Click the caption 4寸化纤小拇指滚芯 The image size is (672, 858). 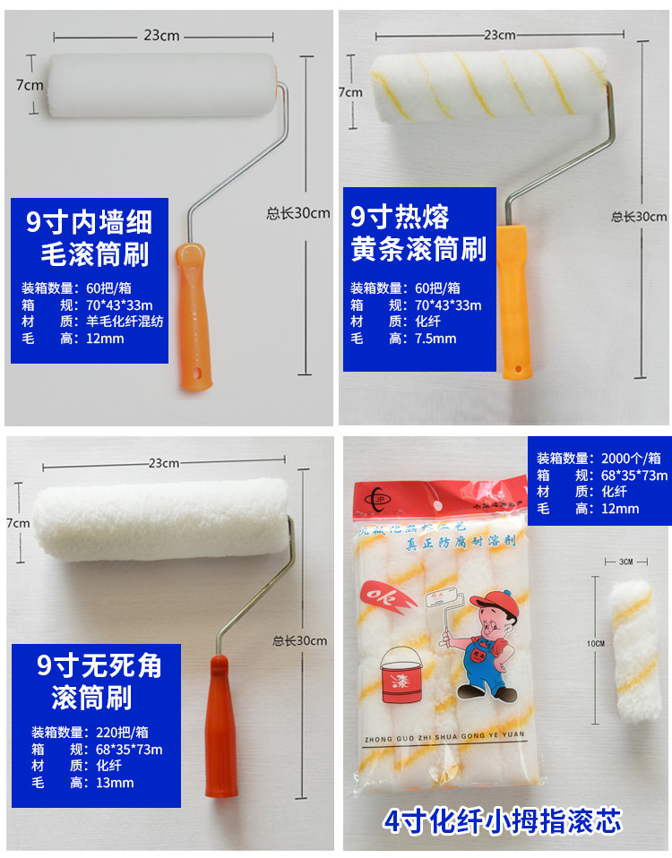tap(503, 819)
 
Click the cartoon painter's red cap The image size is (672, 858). tap(489, 599)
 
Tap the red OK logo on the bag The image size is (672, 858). tap(386, 596)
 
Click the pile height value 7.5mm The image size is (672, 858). tap(435, 339)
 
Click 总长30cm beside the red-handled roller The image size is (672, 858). tap(300, 640)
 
